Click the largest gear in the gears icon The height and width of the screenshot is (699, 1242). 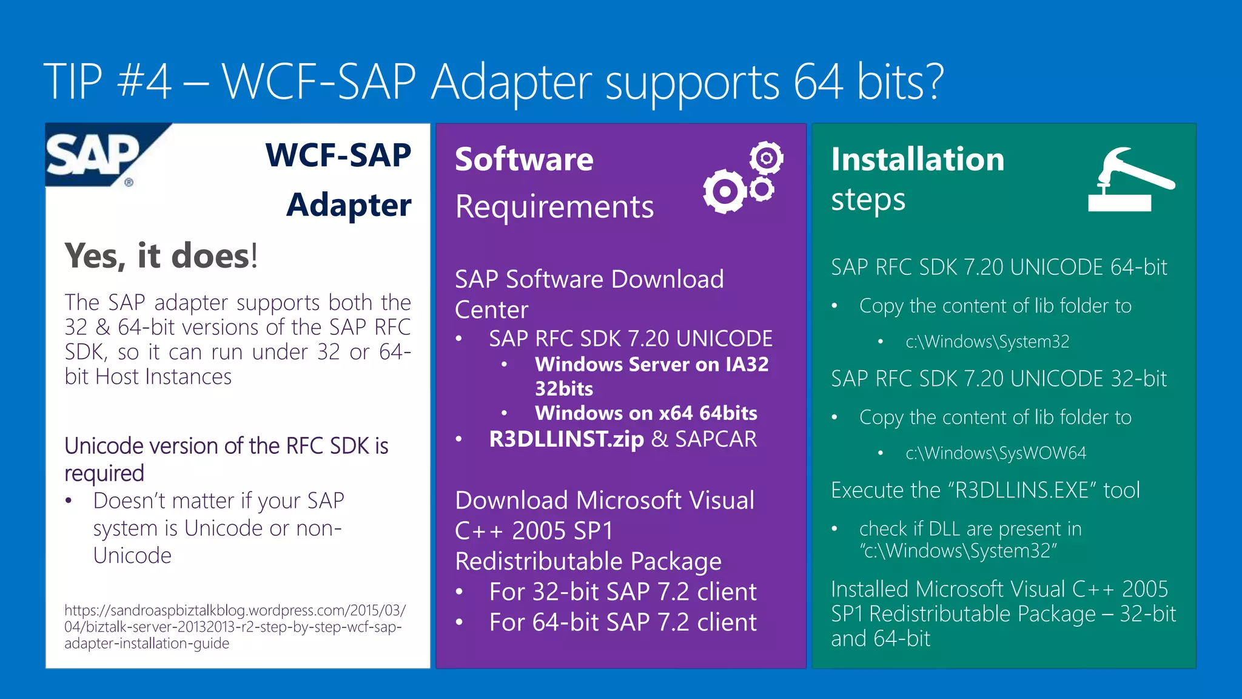coord(724,191)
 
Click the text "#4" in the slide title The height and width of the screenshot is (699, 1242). coord(144,81)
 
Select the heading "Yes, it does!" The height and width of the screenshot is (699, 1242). coord(161,255)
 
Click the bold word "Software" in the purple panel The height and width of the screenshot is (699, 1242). coord(524,160)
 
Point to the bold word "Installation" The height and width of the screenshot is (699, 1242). coord(918,160)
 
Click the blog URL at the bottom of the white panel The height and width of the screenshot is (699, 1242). coord(235,627)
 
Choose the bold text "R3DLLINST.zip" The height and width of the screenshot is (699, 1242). coord(566,439)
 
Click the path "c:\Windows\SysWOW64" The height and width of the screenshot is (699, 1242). coord(996,453)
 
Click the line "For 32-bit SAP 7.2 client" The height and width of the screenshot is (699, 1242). coord(623,592)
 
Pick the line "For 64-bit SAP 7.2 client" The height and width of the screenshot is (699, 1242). coord(623,622)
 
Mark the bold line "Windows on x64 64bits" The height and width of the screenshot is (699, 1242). coord(646,413)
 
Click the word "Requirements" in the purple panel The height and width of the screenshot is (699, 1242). coord(554,207)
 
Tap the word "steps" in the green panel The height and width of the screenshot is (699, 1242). coord(868,200)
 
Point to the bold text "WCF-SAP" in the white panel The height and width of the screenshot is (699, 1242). coord(338,155)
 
